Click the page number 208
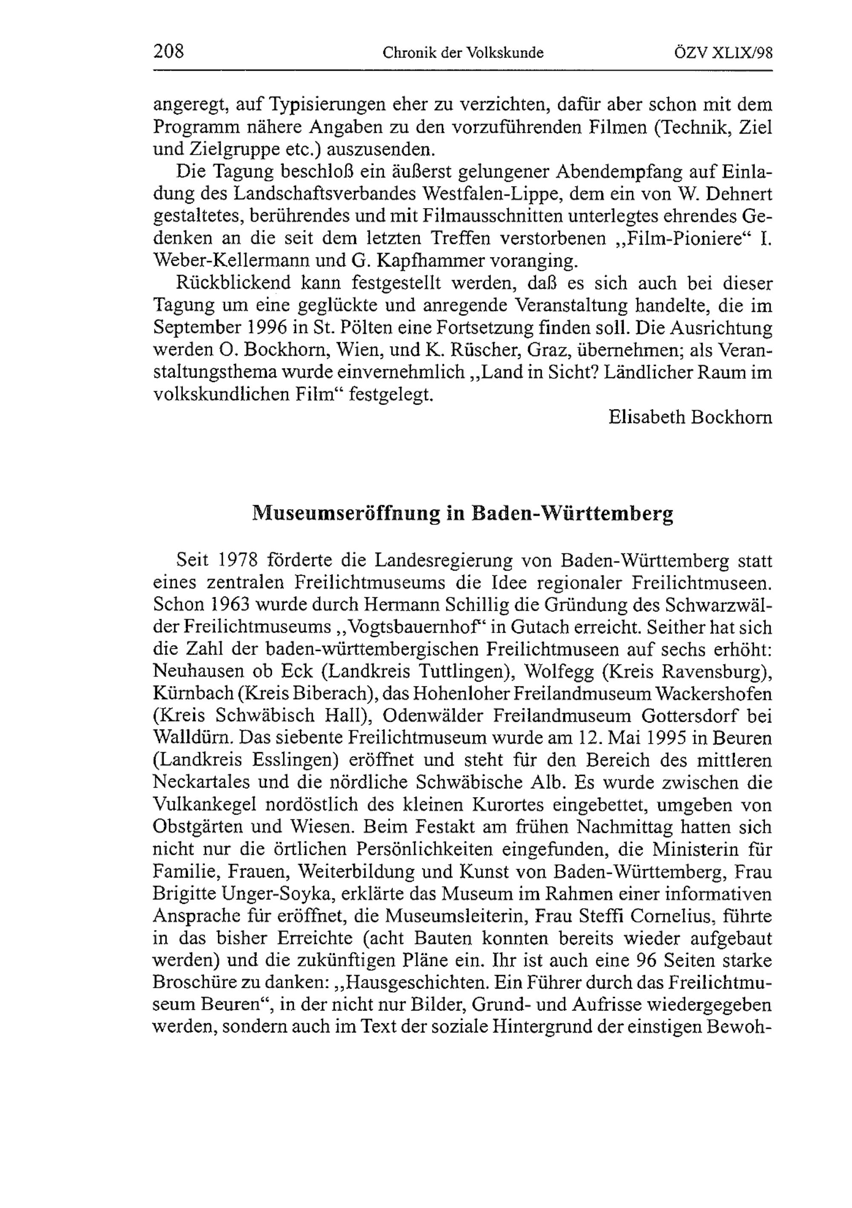pyautogui.click(x=168, y=52)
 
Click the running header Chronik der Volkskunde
pyautogui.click(x=463, y=53)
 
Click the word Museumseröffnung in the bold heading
pyautogui.click(x=345, y=513)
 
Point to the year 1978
pyautogui.click(x=238, y=560)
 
